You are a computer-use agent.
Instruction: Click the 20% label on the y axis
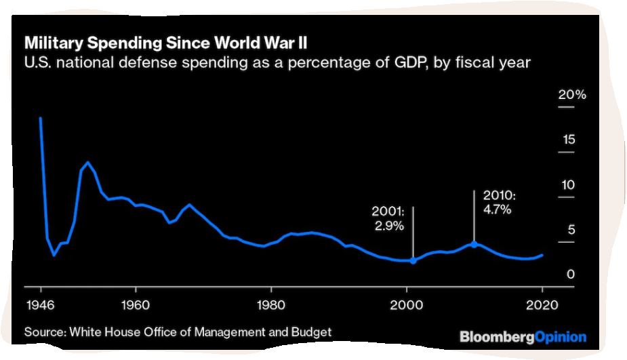coord(571,94)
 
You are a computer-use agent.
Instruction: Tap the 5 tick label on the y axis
coord(571,230)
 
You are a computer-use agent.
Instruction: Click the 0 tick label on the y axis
coord(571,275)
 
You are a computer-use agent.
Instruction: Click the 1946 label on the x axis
coord(41,304)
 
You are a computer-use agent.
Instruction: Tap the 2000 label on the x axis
coord(406,304)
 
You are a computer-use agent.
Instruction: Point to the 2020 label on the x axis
coord(542,304)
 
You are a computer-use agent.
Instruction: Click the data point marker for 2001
coord(413,260)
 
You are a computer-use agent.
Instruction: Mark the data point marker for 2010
coord(474,244)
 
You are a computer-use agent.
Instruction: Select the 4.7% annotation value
coord(498,210)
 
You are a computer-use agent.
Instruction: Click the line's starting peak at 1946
coord(41,118)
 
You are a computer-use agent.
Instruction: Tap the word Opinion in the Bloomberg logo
coord(560,337)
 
